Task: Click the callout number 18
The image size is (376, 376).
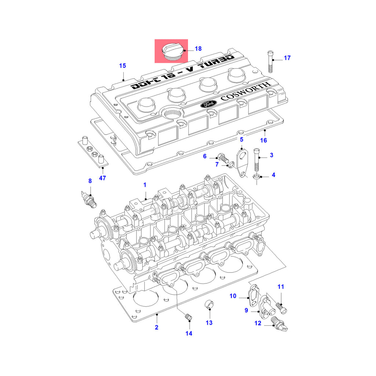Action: pyautogui.click(x=198, y=48)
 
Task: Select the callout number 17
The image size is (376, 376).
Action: pyautogui.click(x=287, y=58)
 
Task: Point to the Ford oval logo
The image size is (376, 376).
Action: pyautogui.click(x=208, y=104)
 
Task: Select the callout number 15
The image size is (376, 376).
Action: pyautogui.click(x=122, y=66)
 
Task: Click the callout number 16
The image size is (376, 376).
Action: pyautogui.click(x=264, y=140)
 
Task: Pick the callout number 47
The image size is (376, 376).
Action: pyautogui.click(x=102, y=178)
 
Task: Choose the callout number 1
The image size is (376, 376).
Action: pyautogui.click(x=145, y=184)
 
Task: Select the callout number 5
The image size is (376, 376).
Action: pyautogui.click(x=242, y=139)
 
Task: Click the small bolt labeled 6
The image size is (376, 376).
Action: pyautogui.click(x=223, y=158)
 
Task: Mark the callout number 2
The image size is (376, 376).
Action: pyautogui.click(x=156, y=327)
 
